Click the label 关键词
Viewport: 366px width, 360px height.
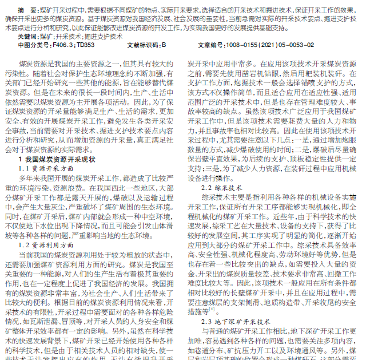(x=27, y=35)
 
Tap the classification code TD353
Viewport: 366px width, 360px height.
(x=86, y=44)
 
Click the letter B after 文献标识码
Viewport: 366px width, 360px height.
(x=164, y=44)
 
